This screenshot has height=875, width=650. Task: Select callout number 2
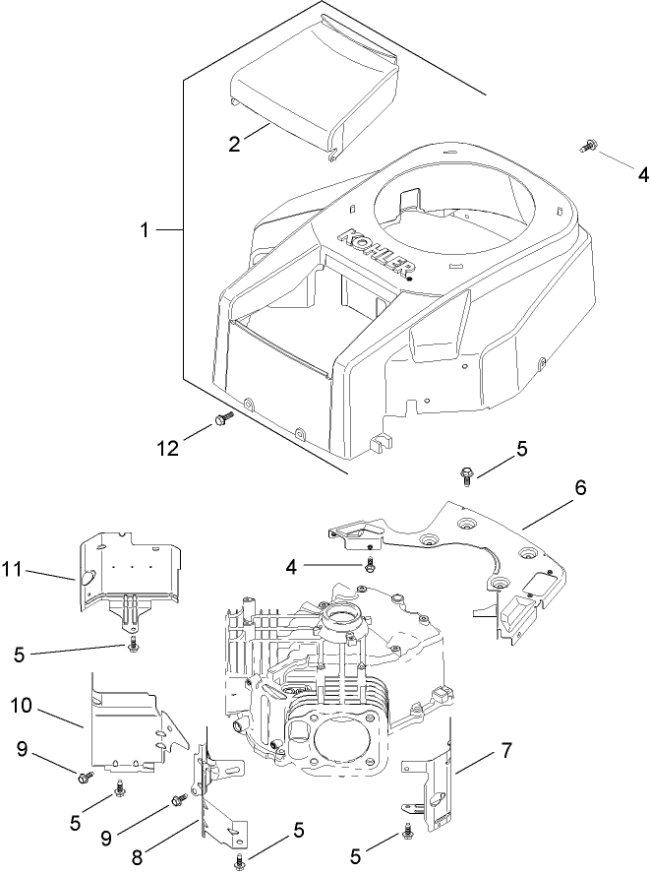click(234, 144)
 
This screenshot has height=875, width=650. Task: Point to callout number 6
click(580, 489)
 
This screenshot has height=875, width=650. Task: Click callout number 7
click(506, 752)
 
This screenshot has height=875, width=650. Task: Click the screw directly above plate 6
click(466, 476)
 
